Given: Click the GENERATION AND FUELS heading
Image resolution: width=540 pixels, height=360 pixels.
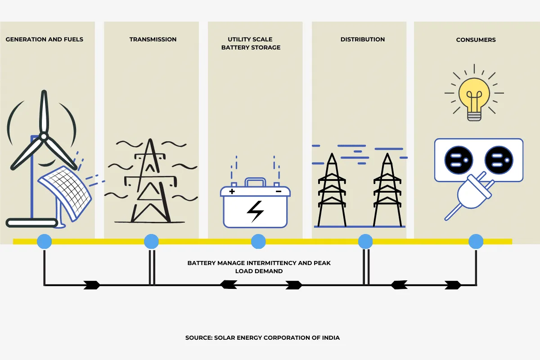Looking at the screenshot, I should click(x=45, y=40).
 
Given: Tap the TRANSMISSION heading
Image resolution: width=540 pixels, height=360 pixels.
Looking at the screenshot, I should click(x=153, y=40).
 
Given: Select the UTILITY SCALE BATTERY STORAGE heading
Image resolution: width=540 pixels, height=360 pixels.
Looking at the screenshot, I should click(x=251, y=43).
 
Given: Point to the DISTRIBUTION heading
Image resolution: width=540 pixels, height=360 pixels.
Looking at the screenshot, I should click(x=363, y=40).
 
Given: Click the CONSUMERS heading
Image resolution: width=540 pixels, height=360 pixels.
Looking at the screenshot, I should click(x=476, y=40).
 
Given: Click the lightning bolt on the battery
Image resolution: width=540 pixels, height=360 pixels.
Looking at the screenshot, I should click(x=256, y=211).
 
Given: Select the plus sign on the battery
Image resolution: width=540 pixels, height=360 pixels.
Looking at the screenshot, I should click(x=232, y=192).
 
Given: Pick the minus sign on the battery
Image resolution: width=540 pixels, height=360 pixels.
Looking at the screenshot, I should click(x=278, y=192).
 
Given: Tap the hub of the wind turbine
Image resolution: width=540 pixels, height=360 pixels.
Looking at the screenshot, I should click(x=43, y=136).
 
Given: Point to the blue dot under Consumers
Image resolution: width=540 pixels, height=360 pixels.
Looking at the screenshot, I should click(x=476, y=242).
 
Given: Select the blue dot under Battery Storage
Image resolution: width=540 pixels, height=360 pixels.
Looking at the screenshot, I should click(x=258, y=242).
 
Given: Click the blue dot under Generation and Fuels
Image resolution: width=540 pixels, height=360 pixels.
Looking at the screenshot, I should click(x=44, y=242).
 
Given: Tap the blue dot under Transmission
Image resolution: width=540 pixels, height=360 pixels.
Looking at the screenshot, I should click(x=151, y=242).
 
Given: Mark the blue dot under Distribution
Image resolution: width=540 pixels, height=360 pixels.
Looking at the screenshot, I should click(x=365, y=242).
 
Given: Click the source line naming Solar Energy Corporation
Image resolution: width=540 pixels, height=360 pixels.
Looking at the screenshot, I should click(x=262, y=338).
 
